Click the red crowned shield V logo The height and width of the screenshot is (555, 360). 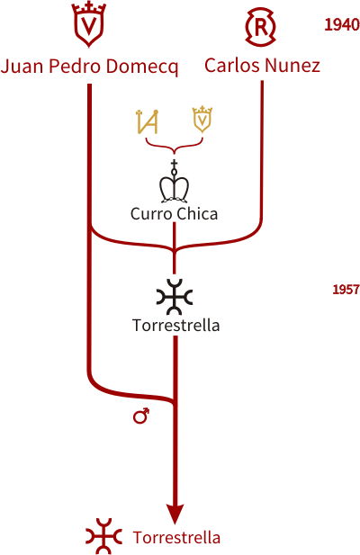tap(89, 24)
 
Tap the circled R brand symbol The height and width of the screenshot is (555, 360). tap(260, 27)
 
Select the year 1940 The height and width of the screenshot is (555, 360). tap(342, 25)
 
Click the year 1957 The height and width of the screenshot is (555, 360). tap(346, 290)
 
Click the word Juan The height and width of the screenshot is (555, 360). tap(22, 67)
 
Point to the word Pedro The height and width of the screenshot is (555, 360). tap(76, 66)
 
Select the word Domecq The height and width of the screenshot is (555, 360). tap(142, 67)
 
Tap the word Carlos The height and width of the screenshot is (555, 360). tap(232, 65)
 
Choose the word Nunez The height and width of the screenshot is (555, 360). tap(292, 66)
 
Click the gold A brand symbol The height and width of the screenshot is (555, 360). tap(148, 121)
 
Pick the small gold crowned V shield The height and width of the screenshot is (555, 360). tap(202, 120)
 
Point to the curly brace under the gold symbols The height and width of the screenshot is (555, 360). tap(175, 146)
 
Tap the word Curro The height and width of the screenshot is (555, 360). tap(151, 214)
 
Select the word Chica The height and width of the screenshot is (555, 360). tap(197, 213)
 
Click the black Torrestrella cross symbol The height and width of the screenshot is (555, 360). tap(175, 297)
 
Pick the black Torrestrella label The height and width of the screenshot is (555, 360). tap(175, 325)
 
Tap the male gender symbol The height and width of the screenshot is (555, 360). tap(141, 416)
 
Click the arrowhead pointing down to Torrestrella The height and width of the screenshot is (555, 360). tap(175, 514)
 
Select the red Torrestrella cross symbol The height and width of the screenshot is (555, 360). tap(103, 536)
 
